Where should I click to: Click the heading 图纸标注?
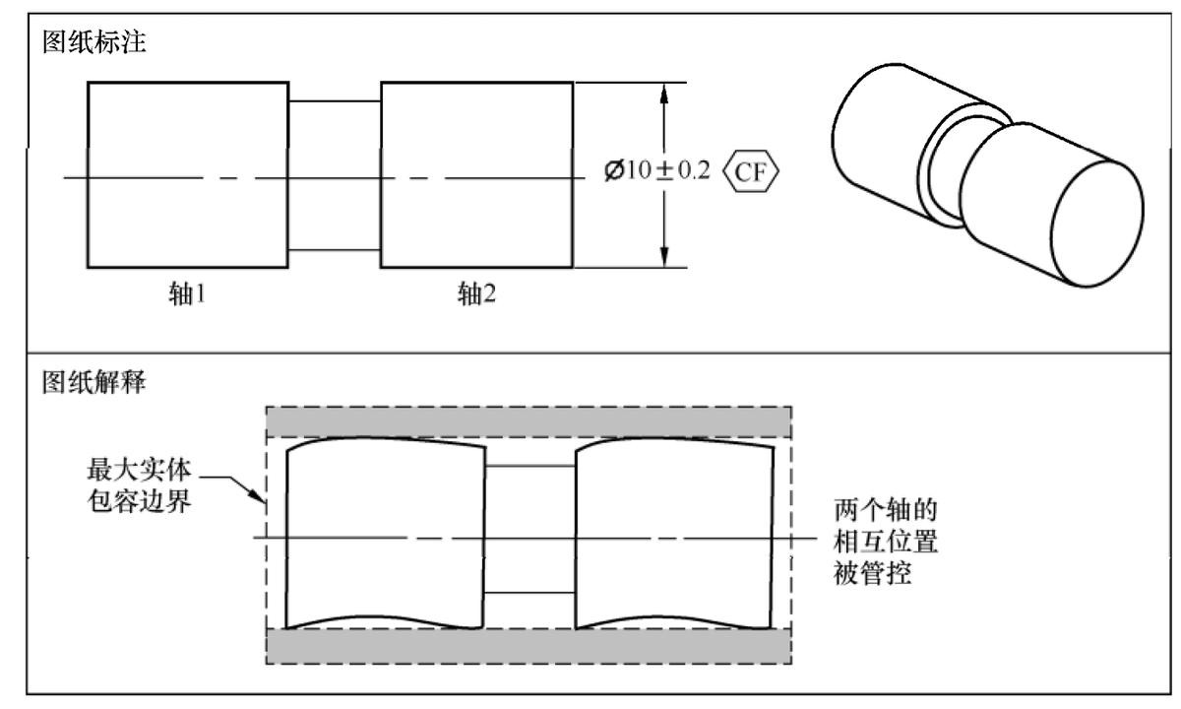click(x=92, y=46)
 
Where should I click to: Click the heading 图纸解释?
click(x=92, y=381)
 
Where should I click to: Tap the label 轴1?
click(x=186, y=294)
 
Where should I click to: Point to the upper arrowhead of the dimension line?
click(x=664, y=96)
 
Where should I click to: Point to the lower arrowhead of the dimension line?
click(x=664, y=254)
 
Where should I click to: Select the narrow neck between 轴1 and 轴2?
click(x=334, y=138)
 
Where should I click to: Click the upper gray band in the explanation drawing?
click(x=528, y=422)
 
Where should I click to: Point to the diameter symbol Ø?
click(x=613, y=177)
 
